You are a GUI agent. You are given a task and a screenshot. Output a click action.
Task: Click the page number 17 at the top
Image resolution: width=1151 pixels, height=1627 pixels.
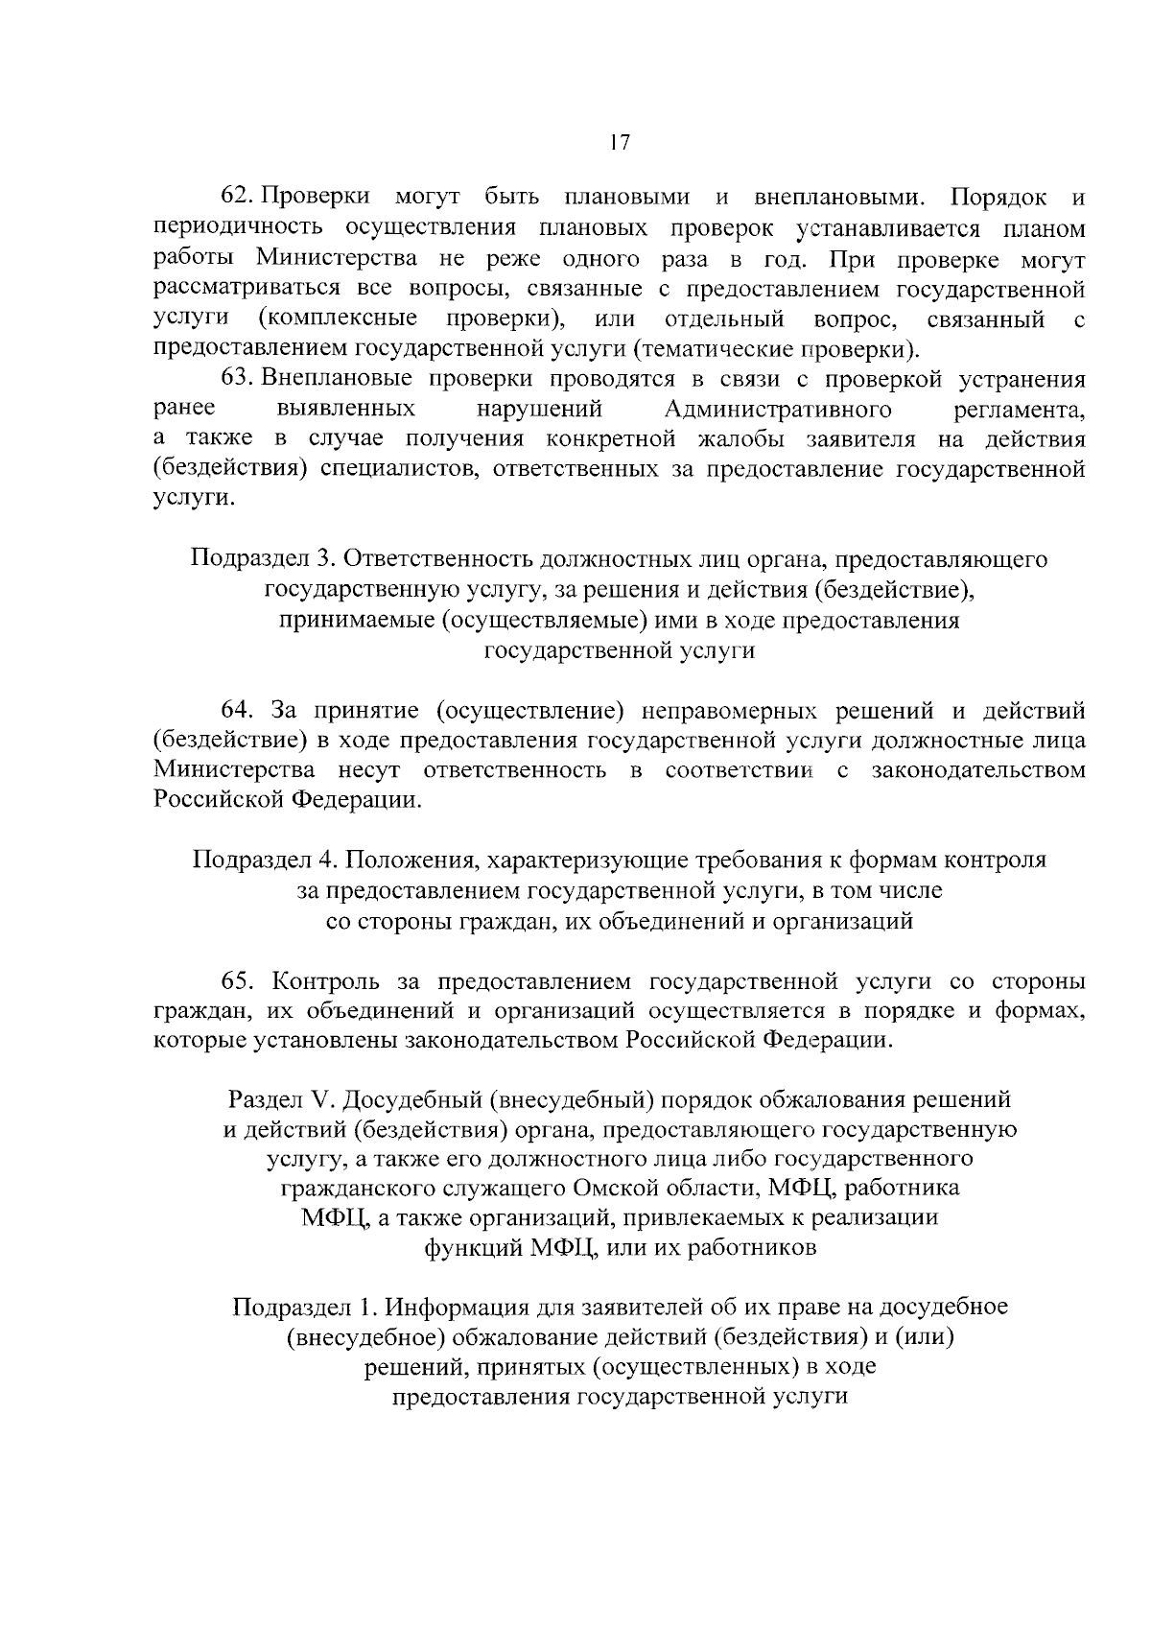[x=619, y=143]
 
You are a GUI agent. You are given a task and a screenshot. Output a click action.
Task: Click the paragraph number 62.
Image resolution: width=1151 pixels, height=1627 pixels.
[x=237, y=198]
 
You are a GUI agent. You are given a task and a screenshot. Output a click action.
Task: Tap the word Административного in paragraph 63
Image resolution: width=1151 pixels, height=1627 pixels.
[x=778, y=410]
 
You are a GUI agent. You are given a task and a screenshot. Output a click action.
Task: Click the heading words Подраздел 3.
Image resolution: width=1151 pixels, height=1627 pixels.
[x=259, y=558]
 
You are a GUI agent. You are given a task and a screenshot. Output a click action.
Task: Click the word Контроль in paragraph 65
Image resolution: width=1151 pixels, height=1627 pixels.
[x=327, y=981]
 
